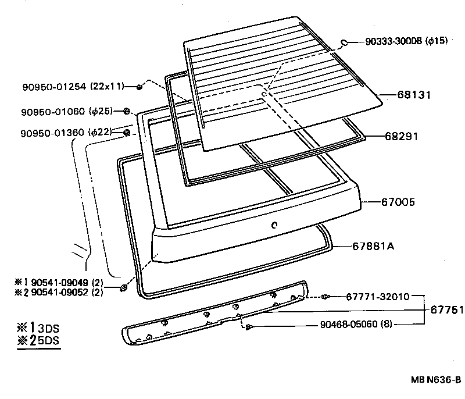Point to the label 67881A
pyautogui.click(x=374, y=246)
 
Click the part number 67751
pyautogui.click(x=445, y=309)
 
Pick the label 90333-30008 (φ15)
pyautogui.click(x=406, y=42)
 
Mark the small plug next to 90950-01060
pyautogui.click(x=127, y=111)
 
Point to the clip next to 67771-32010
pyautogui.click(x=325, y=297)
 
